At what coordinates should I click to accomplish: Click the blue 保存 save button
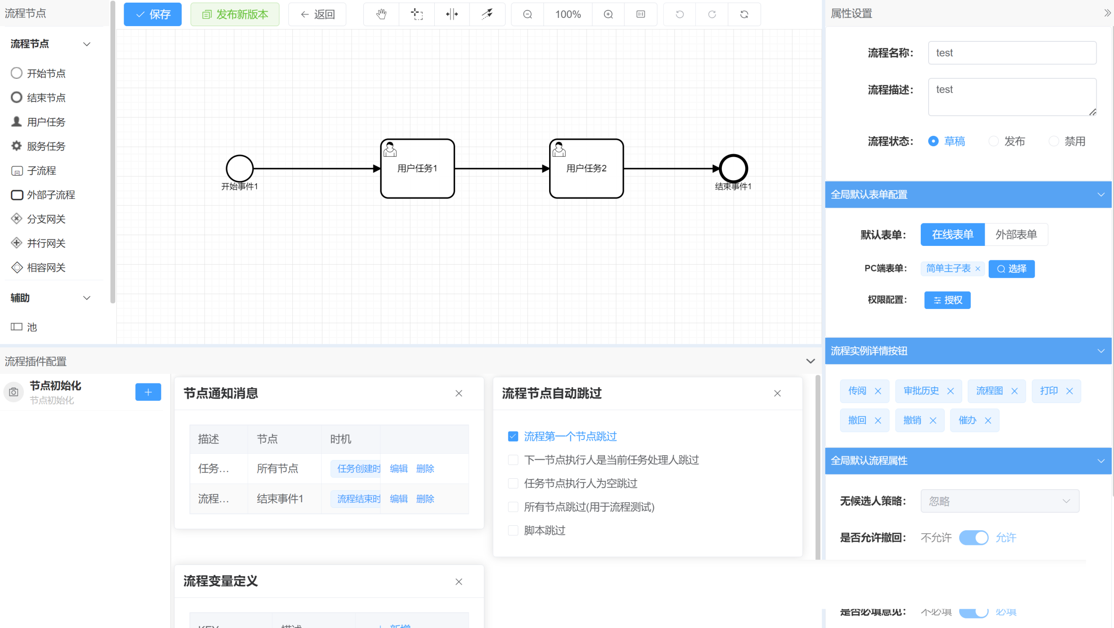[152, 14]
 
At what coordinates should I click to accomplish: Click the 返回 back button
[317, 14]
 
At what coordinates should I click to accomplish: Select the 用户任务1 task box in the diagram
[417, 168]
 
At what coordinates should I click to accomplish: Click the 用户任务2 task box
[586, 168]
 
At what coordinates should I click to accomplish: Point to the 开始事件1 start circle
[239, 168]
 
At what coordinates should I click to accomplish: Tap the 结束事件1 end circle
[733, 168]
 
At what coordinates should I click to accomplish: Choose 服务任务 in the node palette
[46, 146]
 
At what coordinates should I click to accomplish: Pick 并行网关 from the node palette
[46, 243]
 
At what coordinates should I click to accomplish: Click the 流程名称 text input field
[1012, 53]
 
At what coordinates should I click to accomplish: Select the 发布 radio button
[993, 141]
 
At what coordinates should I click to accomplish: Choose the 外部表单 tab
[1016, 235]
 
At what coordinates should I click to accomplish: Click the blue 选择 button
[1011, 269]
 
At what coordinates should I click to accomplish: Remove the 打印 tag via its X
[1070, 391]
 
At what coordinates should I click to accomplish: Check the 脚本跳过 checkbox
[513, 531]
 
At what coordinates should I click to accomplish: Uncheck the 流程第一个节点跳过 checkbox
[513, 437]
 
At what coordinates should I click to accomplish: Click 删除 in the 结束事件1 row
[425, 499]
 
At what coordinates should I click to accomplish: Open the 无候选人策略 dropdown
[1000, 501]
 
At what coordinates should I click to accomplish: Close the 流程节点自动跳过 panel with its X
[778, 393]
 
